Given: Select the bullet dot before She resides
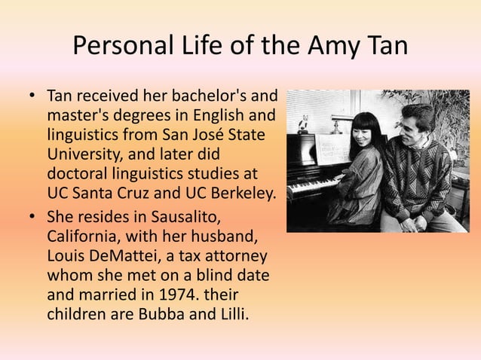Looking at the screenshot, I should click(32, 217).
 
